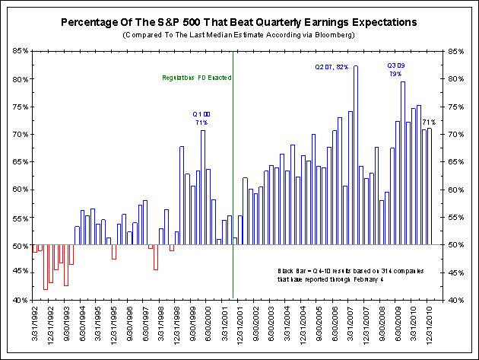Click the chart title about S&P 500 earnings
[239, 24]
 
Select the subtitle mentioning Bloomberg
[239, 36]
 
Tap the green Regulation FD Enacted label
[197, 78]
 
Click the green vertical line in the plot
[233, 190]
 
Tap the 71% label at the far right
[428, 122]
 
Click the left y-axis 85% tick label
[21, 52]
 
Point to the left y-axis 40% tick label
[21, 300]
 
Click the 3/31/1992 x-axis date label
[35, 326]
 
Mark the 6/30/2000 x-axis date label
[204, 326]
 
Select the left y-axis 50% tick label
[21, 245]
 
